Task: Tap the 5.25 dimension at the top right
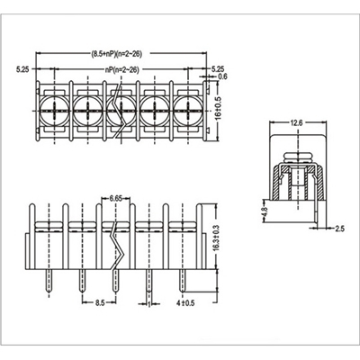click(218, 68)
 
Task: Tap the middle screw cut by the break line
click(118, 112)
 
